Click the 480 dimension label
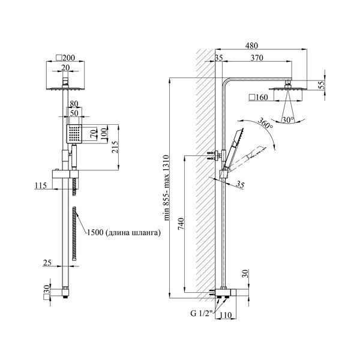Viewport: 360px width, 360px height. click(251, 46)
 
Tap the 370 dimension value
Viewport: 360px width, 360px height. click(257, 58)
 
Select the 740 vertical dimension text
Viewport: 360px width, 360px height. click(181, 224)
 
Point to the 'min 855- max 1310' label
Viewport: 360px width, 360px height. click(166, 188)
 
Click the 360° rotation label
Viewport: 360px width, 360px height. click(265, 123)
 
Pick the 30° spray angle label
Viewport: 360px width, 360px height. click(288, 120)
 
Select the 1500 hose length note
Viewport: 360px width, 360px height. click(124, 233)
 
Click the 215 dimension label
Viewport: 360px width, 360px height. click(115, 147)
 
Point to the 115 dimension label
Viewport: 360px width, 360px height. click(41, 185)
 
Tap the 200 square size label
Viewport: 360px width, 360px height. click(65, 58)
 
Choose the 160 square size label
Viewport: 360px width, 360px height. click(259, 97)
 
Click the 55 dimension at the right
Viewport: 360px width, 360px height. click(322, 85)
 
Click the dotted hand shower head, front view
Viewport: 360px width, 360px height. click(74, 134)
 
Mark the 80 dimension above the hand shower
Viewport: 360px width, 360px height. click(74, 104)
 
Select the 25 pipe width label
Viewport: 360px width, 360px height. click(47, 263)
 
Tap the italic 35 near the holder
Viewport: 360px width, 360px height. click(240, 184)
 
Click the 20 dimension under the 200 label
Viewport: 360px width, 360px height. click(65, 68)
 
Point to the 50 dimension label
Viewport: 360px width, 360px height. click(74, 113)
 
